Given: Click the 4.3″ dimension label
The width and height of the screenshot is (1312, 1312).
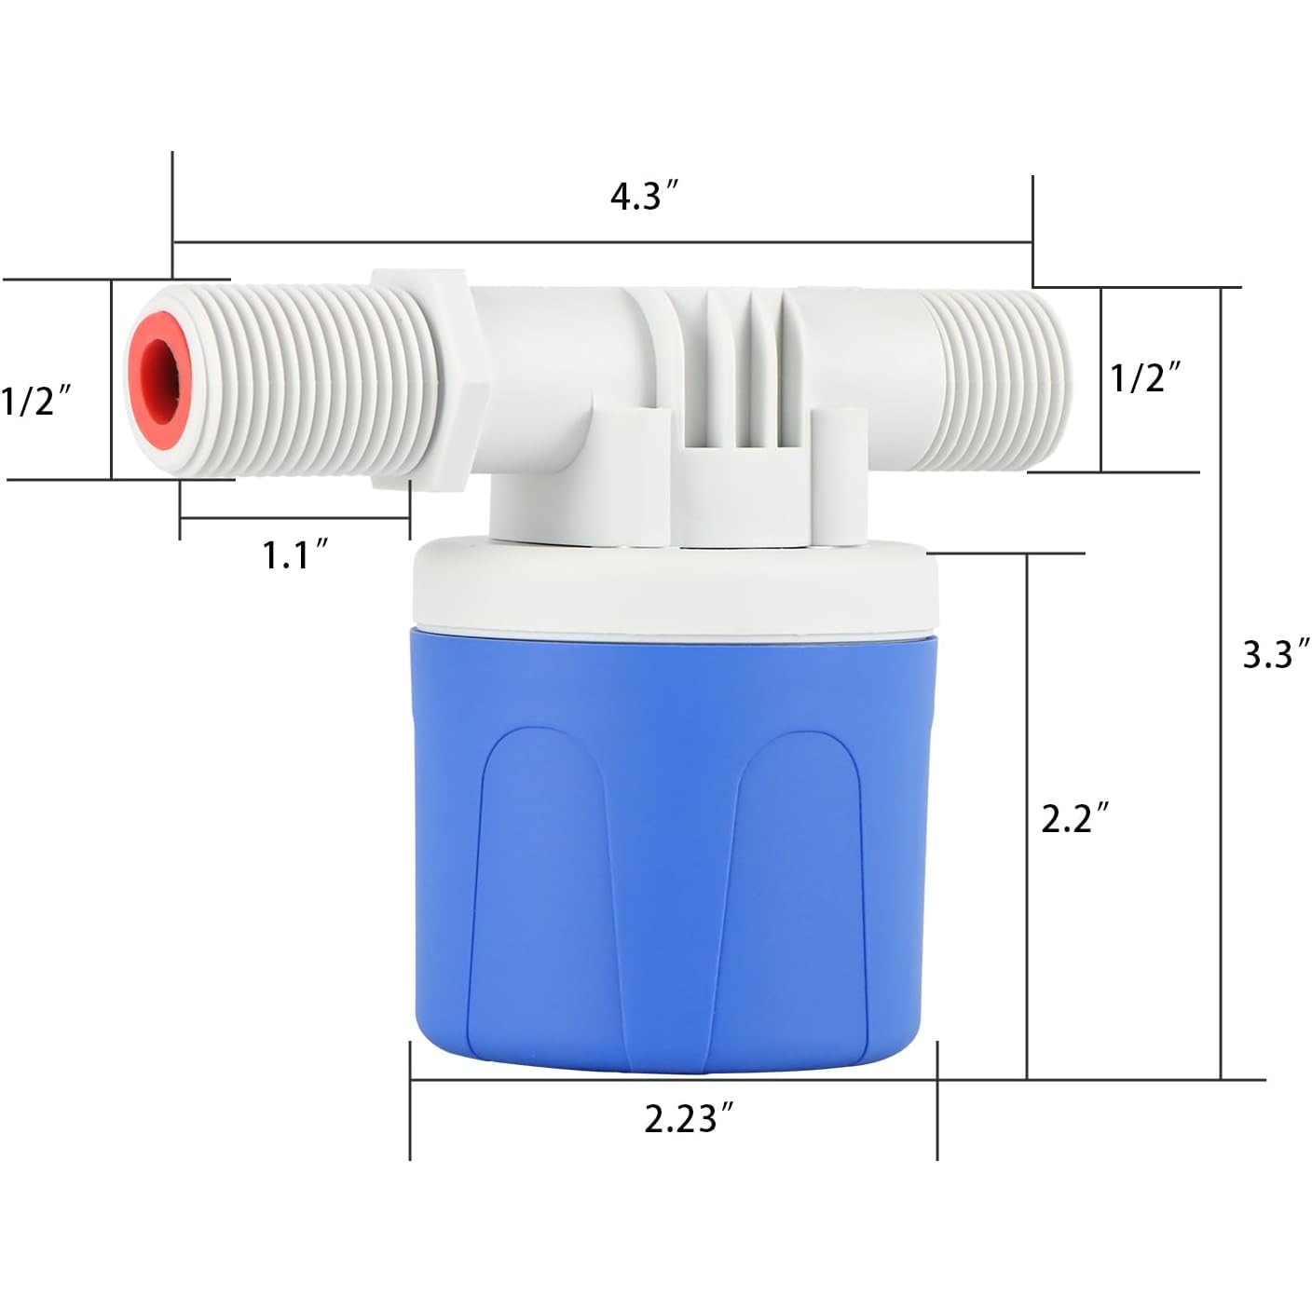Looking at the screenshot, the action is click(644, 197).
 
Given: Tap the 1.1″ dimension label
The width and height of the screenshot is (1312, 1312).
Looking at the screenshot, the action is click(296, 553).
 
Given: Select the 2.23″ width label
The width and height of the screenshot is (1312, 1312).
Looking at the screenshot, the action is click(690, 1118).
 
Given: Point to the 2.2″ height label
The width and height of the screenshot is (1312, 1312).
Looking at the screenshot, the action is click(1075, 818).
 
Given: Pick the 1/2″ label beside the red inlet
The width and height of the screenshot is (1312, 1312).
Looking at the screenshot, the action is click(36, 402).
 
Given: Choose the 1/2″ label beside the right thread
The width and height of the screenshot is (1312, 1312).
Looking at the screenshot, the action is click(1146, 377).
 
